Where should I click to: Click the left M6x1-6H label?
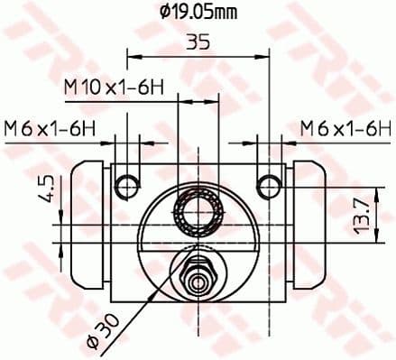point(50,127)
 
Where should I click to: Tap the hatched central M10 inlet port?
point(198,215)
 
